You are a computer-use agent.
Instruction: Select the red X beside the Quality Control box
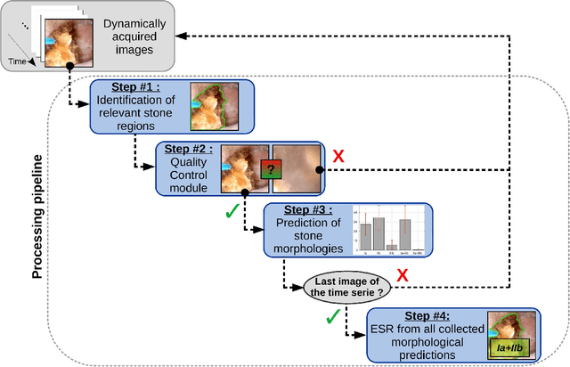click(x=338, y=158)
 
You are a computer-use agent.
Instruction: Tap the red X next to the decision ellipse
click(x=402, y=276)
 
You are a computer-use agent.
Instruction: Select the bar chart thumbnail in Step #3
click(x=390, y=231)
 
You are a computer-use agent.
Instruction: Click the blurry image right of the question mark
click(x=299, y=168)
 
